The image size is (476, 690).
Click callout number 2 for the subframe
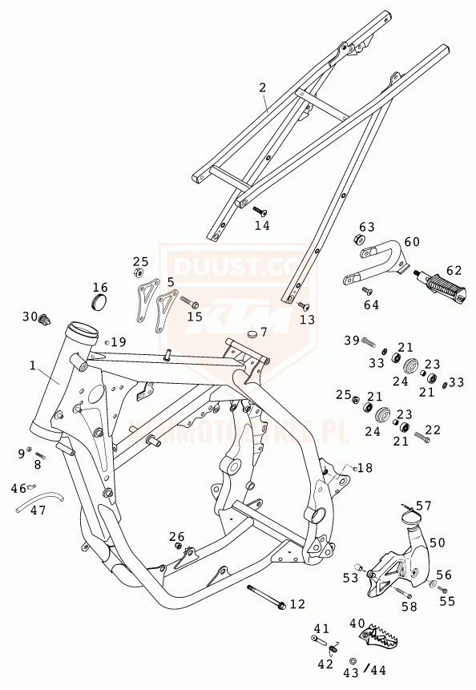[262, 87]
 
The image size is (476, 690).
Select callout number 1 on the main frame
[33, 365]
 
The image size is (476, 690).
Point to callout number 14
[262, 226]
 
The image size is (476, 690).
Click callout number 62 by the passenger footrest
[454, 270]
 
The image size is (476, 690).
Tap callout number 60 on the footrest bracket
[412, 241]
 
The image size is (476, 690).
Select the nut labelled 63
[360, 240]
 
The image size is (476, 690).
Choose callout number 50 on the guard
[437, 543]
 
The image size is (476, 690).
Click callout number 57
[423, 506]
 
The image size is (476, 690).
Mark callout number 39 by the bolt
[352, 341]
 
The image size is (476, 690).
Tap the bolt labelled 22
[422, 437]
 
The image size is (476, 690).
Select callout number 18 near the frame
[365, 467]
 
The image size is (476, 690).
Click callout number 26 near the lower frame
[177, 536]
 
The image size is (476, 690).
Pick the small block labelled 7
[254, 334]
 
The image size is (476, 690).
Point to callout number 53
[350, 577]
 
